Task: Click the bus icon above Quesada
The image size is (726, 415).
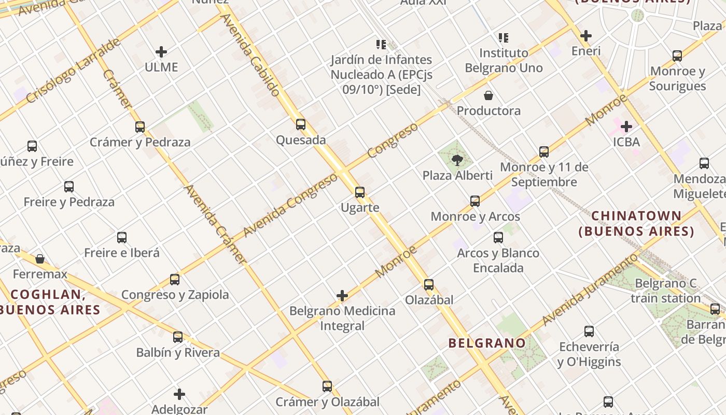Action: click(x=301, y=125)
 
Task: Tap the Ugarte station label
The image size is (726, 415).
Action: click(x=360, y=208)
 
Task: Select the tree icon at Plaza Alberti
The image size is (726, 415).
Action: click(x=457, y=160)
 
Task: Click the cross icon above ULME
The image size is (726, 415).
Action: click(x=161, y=52)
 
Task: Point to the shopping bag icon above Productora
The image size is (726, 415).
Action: click(x=488, y=95)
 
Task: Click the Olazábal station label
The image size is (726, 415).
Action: click(x=429, y=300)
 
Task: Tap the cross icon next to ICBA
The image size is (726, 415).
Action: click(x=626, y=127)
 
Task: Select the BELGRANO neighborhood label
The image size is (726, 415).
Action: click(x=487, y=343)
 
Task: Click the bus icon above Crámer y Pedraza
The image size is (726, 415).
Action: click(x=139, y=127)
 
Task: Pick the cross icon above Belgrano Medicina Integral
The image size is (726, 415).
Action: click(x=342, y=296)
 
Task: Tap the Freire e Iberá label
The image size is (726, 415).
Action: click(x=122, y=253)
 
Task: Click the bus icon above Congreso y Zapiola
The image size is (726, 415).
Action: click(x=175, y=280)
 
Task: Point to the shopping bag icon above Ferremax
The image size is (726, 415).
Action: click(x=40, y=259)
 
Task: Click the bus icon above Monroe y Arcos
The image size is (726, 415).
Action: click(x=475, y=201)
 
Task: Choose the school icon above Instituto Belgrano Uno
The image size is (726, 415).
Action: click(x=504, y=38)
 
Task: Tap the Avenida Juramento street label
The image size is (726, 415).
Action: click(x=589, y=290)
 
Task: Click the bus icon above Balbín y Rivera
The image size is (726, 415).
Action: click(x=178, y=337)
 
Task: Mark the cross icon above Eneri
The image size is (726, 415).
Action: click(x=586, y=36)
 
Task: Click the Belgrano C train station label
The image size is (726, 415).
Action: click(x=666, y=291)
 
